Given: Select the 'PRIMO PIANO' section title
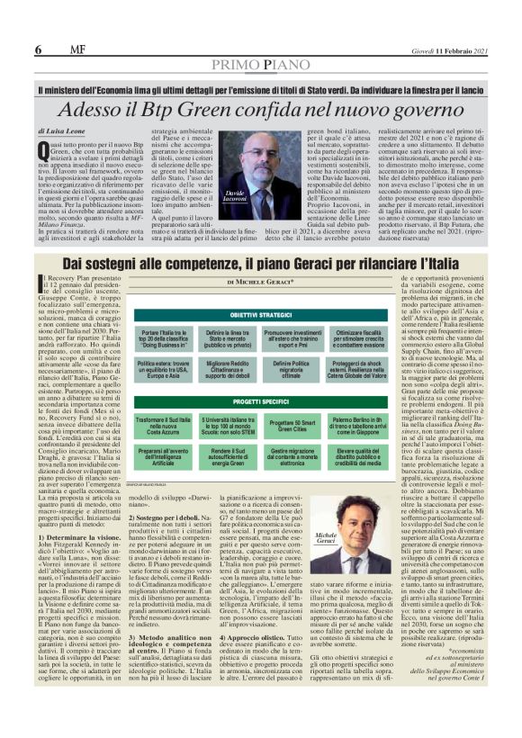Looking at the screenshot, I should pos(261,65).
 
